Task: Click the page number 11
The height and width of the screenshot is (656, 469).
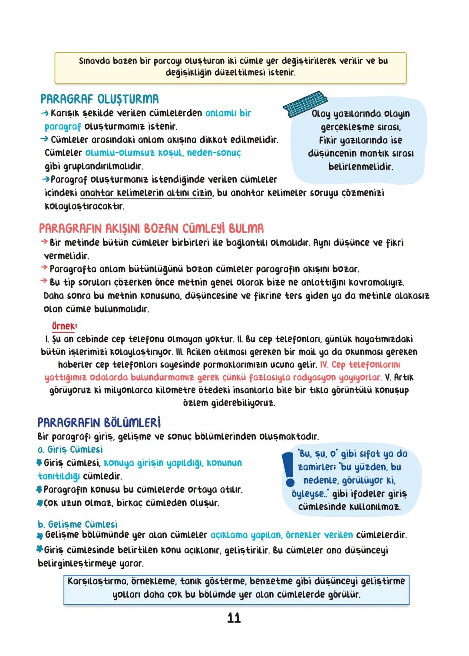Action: (234, 618)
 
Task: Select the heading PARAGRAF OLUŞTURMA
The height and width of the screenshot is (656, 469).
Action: (99, 99)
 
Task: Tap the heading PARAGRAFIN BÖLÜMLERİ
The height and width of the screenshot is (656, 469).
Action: (99, 423)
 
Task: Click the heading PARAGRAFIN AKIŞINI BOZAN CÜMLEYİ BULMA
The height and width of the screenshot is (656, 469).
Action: (151, 228)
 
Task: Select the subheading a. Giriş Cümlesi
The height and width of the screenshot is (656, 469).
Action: (70, 449)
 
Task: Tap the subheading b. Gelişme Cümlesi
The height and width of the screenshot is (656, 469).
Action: (78, 524)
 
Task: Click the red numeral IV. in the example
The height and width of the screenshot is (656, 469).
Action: (324, 364)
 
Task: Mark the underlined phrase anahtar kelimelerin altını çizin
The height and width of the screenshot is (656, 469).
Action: (146, 193)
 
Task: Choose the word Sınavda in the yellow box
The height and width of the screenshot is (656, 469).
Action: (94, 61)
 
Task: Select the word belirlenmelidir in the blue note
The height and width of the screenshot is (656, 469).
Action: (360, 166)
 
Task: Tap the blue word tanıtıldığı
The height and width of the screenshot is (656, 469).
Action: (59, 476)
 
